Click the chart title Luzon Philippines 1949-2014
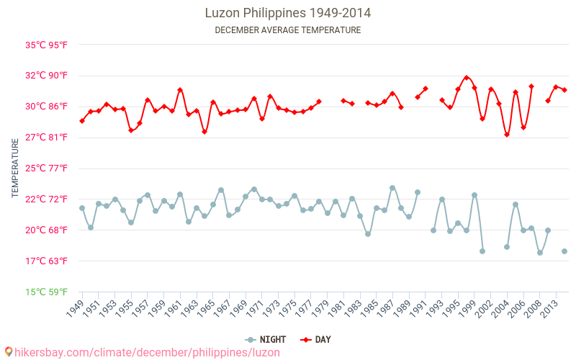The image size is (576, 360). pyautogui.click(x=288, y=13)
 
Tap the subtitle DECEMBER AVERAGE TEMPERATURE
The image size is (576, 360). pyautogui.click(x=288, y=30)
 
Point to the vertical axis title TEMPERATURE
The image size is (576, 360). pyautogui.click(x=15, y=168)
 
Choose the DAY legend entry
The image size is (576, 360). pyautogui.click(x=316, y=339)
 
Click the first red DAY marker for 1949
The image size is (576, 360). pyautogui.click(x=82, y=121)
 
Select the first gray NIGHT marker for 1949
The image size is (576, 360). pyautogui.click(x=82, y=208)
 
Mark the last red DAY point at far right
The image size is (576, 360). pyautogui.click(x=564, y=90)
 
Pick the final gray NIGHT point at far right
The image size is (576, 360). pyautogui.click(x=564, y=251)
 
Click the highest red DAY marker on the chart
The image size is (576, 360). pyautogui.click(x=467, y=78)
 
